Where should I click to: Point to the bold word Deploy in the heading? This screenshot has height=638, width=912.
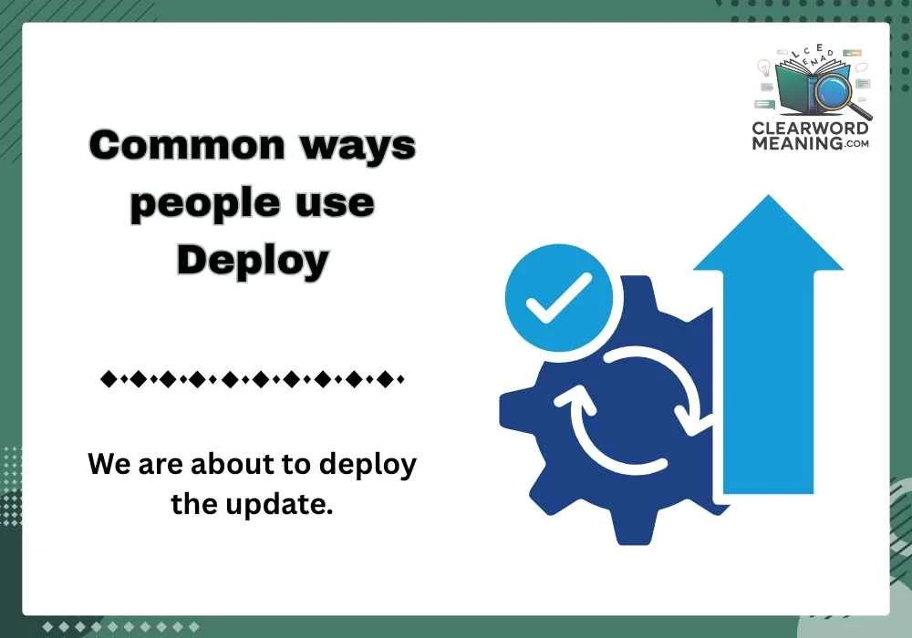252,261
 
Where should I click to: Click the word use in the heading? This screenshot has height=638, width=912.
337,202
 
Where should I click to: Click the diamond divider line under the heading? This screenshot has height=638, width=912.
252,377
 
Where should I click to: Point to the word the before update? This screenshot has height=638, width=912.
192,502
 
